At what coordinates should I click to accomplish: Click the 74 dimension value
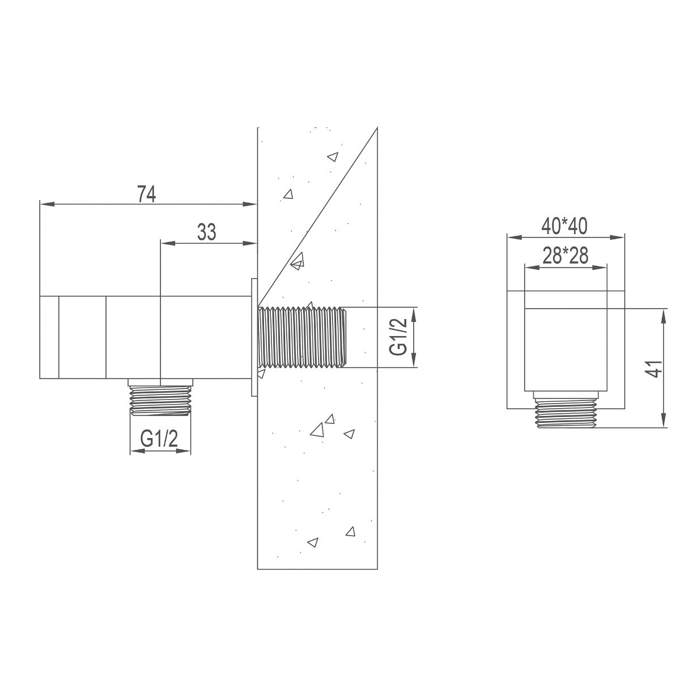tap(146, 194)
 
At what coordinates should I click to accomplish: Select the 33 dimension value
tap(206, 232)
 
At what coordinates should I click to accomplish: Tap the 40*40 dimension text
tap(564, 226)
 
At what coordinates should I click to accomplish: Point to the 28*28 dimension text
tap(565, 256)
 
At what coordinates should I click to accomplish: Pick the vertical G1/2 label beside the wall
tap(399, 337)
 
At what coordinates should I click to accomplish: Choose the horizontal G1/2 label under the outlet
tap(159, 439)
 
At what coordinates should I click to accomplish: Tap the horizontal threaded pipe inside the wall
tap(300, 338)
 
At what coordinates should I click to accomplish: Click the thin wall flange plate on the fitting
tap(254, 338)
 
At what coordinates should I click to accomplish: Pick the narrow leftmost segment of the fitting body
tap(49, 337)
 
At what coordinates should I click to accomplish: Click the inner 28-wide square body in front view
tap(565, 348)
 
